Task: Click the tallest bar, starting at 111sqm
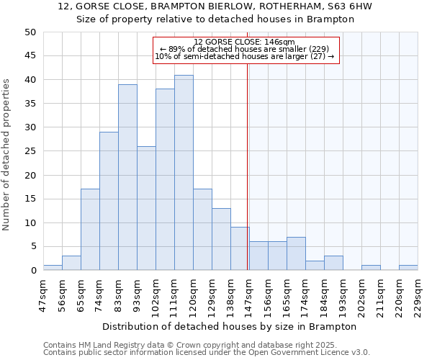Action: [184, 173]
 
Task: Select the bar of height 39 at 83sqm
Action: [127, 177]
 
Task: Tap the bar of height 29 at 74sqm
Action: [109, 201]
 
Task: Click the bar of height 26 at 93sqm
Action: [146, 208]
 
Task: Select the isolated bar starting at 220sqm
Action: [408, 268]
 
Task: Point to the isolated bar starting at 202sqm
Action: [371, 268]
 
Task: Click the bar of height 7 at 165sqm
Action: [296, 253]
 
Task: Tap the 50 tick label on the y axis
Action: [30, 32]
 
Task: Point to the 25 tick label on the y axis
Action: [30, 151]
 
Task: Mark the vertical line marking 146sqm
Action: [248, 166]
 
